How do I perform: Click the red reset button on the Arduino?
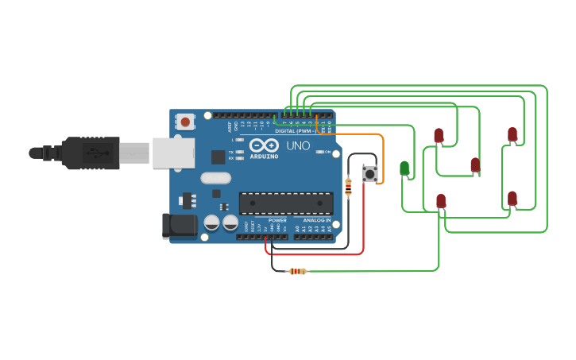(x=185, y=122)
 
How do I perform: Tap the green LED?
(x=404, y=168)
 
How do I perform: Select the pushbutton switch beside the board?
(x=369, y=173)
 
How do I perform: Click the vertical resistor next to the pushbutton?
(x=348, y=188)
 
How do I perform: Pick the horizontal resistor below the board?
(x=297, y=271)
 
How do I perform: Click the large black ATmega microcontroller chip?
(x=286, y=203)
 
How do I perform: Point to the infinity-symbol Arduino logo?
(x=263, y=145)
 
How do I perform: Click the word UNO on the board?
(x=298, y=146)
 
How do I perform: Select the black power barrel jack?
(x=179, y=226)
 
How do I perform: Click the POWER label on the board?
(x=277, y=220)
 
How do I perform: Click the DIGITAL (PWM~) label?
(x=296, y=131)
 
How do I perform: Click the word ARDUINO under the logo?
(x=263, y=156)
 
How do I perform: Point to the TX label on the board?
(x=231, y=152)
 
